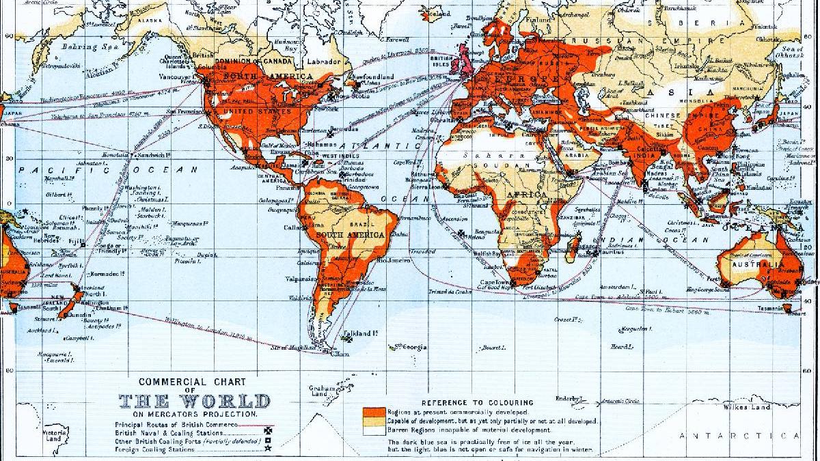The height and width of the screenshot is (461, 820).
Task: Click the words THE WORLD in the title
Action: point(195,401)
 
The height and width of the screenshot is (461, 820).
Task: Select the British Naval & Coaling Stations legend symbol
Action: point(268,432)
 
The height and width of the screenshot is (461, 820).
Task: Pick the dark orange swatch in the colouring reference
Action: point(372,412)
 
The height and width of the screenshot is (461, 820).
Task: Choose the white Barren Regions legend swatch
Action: point(372,430)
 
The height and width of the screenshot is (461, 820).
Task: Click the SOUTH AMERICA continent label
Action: point(351,235)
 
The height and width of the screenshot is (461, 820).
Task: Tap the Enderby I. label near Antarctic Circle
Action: point(567,398)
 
